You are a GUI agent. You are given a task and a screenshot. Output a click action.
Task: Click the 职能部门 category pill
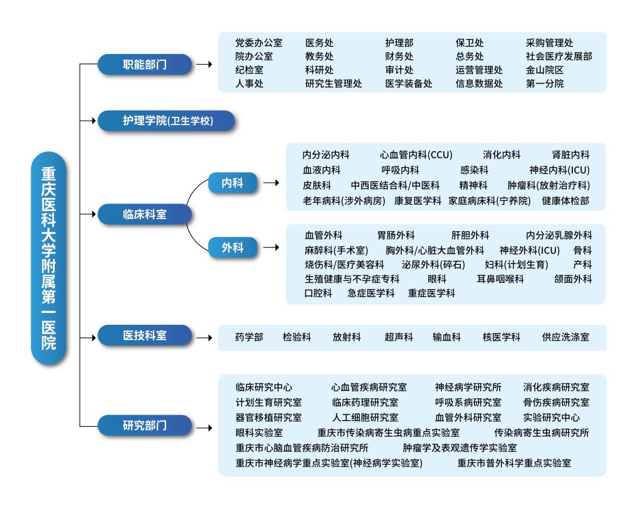pos(145,65)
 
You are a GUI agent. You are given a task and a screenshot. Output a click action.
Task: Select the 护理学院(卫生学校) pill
pos(166,121)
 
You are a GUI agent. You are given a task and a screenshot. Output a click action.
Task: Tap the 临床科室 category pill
pos(145,214)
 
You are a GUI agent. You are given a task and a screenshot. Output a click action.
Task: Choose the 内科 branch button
pos(233,183)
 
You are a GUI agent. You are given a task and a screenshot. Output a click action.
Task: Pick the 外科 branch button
pos(233,248)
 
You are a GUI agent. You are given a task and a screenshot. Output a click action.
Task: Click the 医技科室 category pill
pos(145,336)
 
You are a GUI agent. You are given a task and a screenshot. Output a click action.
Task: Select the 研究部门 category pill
pos(145,425)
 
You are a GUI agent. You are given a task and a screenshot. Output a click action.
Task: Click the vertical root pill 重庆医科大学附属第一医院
pos(48,258)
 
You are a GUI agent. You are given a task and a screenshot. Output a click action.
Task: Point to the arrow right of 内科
pos(271,183)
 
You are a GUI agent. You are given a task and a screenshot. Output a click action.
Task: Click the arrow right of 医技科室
pos(204,338)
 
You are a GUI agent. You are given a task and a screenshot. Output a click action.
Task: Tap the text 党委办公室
pos(258,43)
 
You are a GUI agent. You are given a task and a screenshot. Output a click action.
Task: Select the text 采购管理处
pos(549,43)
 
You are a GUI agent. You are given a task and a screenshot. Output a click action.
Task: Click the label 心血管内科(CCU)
pos(416,155)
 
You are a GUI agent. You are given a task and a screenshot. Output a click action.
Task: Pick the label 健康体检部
pos(565,200)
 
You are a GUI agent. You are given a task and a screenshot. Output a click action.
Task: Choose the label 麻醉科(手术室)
pos(336,250)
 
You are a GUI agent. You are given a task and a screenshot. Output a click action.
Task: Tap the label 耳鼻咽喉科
pos(500,279)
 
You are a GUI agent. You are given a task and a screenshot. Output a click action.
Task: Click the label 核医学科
pos(501,337)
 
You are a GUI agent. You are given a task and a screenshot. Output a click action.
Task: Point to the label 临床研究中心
pos(264,387)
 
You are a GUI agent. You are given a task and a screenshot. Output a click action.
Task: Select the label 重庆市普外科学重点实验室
pos(514,463)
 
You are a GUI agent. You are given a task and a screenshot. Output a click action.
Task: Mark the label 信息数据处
pos(479,84)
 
